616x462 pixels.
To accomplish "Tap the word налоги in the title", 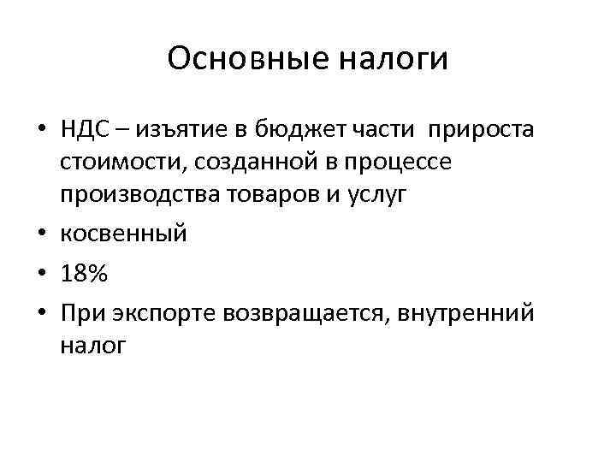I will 395,59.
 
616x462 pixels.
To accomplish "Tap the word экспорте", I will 169,313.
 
